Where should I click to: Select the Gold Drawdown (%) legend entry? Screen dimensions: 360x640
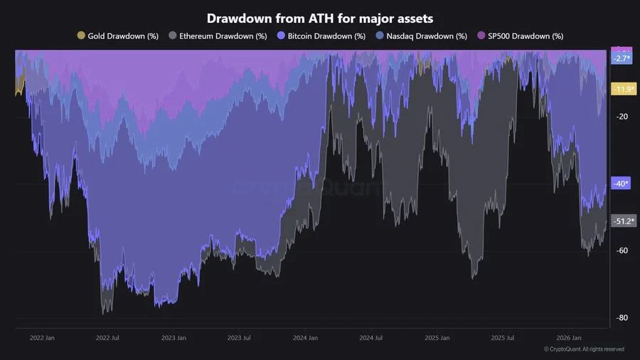[x=117, y=36]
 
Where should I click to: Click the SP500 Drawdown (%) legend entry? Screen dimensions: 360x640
[x=521, y=36]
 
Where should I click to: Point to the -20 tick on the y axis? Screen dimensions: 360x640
[x=623, y=117]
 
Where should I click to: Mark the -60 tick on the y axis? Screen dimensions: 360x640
[x=623, y=250]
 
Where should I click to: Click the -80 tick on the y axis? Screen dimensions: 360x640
[x=623, y=317]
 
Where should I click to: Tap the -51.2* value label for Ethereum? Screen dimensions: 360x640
[x=624, y=221]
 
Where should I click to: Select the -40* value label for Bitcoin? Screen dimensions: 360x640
[x=621, y=184]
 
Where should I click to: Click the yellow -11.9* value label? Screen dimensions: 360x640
[x=624, y=89]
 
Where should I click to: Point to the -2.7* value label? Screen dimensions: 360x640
[x=622, y=58]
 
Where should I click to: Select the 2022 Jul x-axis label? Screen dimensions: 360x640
[x=107, y=338]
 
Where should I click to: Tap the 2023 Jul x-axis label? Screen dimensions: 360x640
[x=239, y=338]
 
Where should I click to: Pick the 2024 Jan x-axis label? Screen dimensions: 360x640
[x=305, y=338]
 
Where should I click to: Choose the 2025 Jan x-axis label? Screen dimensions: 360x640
[x=437, y=338]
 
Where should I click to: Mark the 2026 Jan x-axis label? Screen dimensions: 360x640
[x=568, y=338]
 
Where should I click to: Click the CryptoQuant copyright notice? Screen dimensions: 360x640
[x=584, y=349]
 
